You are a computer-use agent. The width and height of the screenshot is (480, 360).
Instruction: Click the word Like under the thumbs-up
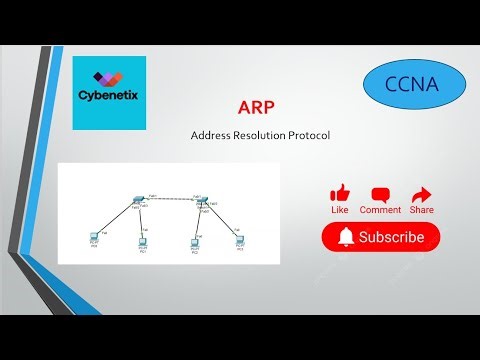point(340,211)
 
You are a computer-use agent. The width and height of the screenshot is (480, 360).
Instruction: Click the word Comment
point(380,211)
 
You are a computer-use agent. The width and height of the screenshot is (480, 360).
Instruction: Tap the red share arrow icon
point(421,194)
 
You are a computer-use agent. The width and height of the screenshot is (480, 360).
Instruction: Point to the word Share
point(421,211)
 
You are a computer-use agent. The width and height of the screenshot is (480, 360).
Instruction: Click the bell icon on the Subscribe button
point(346,238)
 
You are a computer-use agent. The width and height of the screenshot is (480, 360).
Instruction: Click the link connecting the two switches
point(169,199)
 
